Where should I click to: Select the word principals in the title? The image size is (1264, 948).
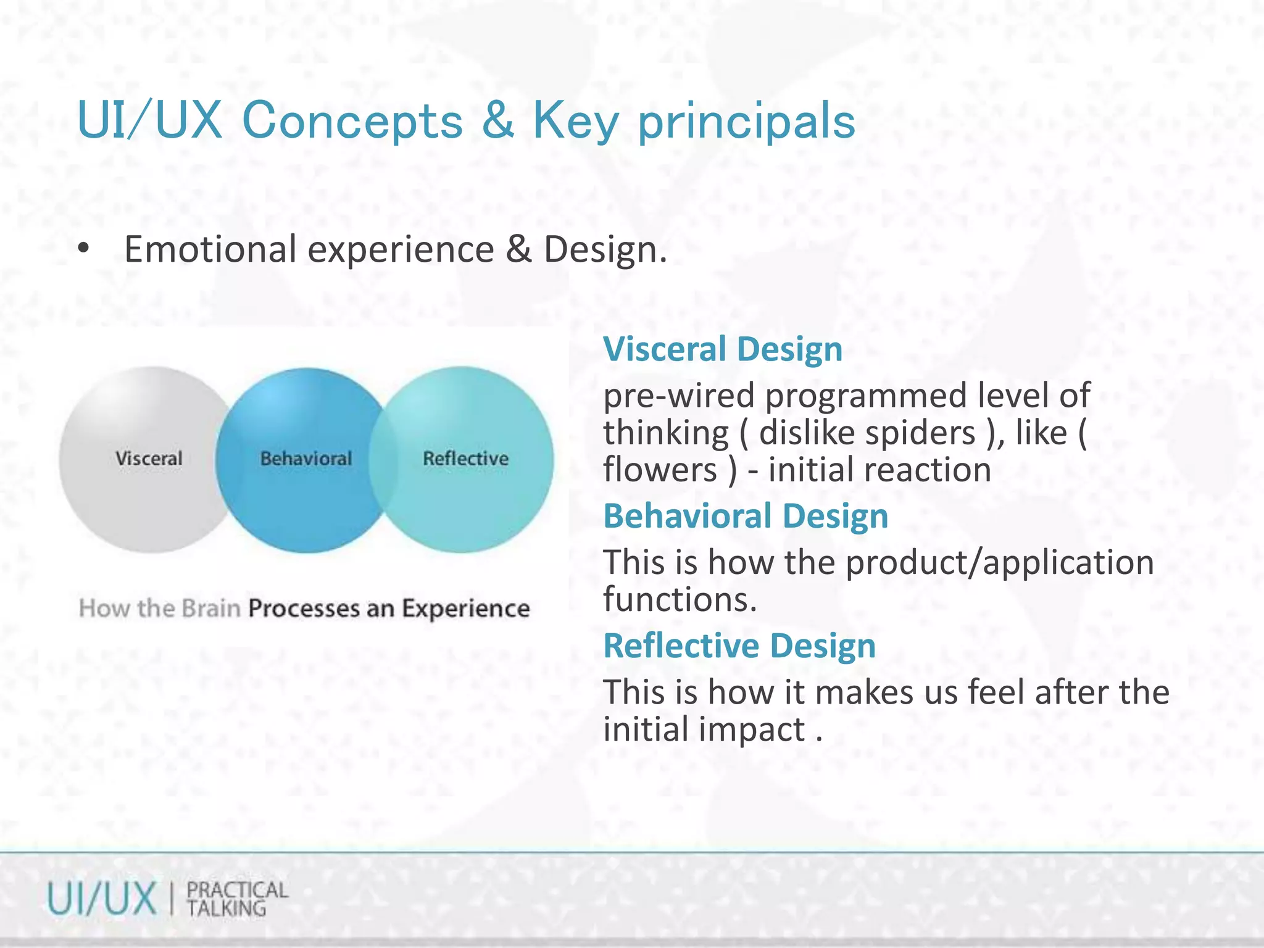tap(746, 122)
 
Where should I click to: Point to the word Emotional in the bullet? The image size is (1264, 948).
tap(210, 249)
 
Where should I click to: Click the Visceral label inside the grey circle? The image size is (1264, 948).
tap(149, 459)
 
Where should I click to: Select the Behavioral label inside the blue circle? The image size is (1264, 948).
tap(306, 459)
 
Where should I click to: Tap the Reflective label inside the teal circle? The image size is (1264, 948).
tap(465, 459)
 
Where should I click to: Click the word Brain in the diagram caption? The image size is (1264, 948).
tap(211, 609)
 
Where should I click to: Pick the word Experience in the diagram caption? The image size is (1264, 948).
tap(466, 609)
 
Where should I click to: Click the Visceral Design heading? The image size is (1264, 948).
tap(723, 349)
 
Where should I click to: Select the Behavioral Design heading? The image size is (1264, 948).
tap(746, 516)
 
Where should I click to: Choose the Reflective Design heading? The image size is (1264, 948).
tap(739, 646)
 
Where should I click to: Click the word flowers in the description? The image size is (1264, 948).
tap(660, 470)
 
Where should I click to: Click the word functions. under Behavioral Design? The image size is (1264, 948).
tap(680, 600)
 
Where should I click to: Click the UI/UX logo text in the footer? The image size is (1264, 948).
tap(102, 899)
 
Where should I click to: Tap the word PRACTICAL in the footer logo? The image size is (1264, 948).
tap(237, 890)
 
